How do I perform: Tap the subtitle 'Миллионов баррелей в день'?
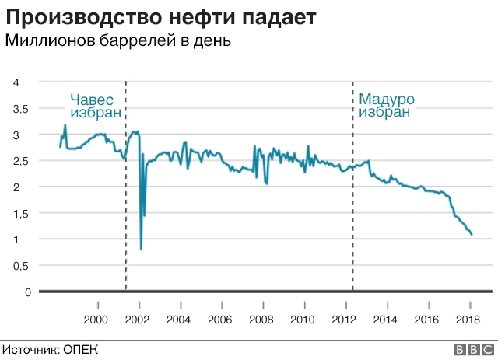point(118,41)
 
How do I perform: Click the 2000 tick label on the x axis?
point(97,320)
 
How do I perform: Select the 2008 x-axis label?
point(261,320)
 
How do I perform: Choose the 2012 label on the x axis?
point(343,320)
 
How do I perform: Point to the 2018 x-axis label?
point(467,320)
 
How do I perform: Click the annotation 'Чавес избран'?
point(96,106)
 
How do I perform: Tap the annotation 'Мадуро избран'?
point(386,106)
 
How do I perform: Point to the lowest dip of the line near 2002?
point(141,249)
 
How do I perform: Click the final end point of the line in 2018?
point(472,234)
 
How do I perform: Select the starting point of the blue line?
point(60,146)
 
